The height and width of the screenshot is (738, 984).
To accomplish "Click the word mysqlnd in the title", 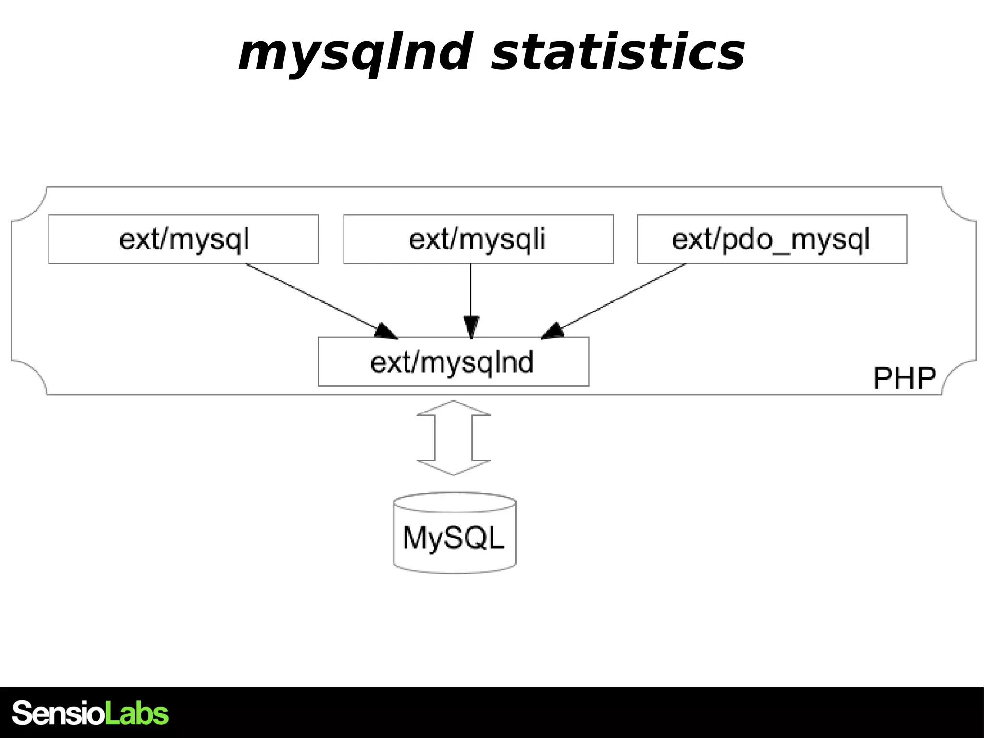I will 355,53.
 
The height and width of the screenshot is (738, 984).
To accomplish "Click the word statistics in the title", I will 618,53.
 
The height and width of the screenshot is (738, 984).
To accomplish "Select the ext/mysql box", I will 183,239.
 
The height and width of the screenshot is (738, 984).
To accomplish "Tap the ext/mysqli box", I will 478,239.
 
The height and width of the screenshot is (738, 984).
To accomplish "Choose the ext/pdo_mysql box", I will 772,239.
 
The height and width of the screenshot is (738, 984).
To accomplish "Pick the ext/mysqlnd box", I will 453,362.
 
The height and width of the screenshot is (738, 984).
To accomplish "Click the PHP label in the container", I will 904,378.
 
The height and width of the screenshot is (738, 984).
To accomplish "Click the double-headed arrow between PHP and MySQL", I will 454,438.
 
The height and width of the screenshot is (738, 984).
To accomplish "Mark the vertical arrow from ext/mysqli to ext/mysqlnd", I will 471,293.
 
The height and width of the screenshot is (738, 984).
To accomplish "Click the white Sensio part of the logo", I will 58,713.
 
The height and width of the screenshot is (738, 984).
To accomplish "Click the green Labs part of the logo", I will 136,713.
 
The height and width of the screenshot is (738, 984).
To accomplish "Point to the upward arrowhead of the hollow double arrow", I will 454,409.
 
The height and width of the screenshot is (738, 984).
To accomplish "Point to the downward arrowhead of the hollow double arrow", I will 454,467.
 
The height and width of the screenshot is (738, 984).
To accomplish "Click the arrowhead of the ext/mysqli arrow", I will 471,327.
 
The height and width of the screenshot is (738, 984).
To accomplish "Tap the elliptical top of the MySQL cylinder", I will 455,502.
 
